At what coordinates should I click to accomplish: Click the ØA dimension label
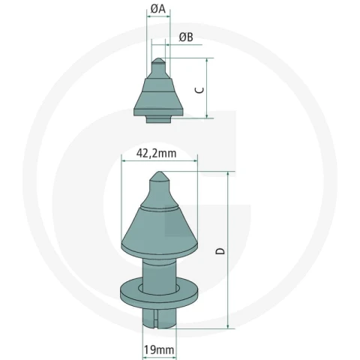tap(158, 10)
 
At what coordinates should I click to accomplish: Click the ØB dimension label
tap(186, 37)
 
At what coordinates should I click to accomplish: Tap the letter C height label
tap(199, 90)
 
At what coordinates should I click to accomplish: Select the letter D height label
tap(220, 251)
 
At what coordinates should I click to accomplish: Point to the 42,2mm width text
tap(156, 153)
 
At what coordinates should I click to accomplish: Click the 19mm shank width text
tap(159, 349)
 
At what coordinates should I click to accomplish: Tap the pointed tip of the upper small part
tap(158, 58)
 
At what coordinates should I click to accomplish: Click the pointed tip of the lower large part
tap(159, 172)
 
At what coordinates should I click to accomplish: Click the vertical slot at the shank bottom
tap(155, 319)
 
